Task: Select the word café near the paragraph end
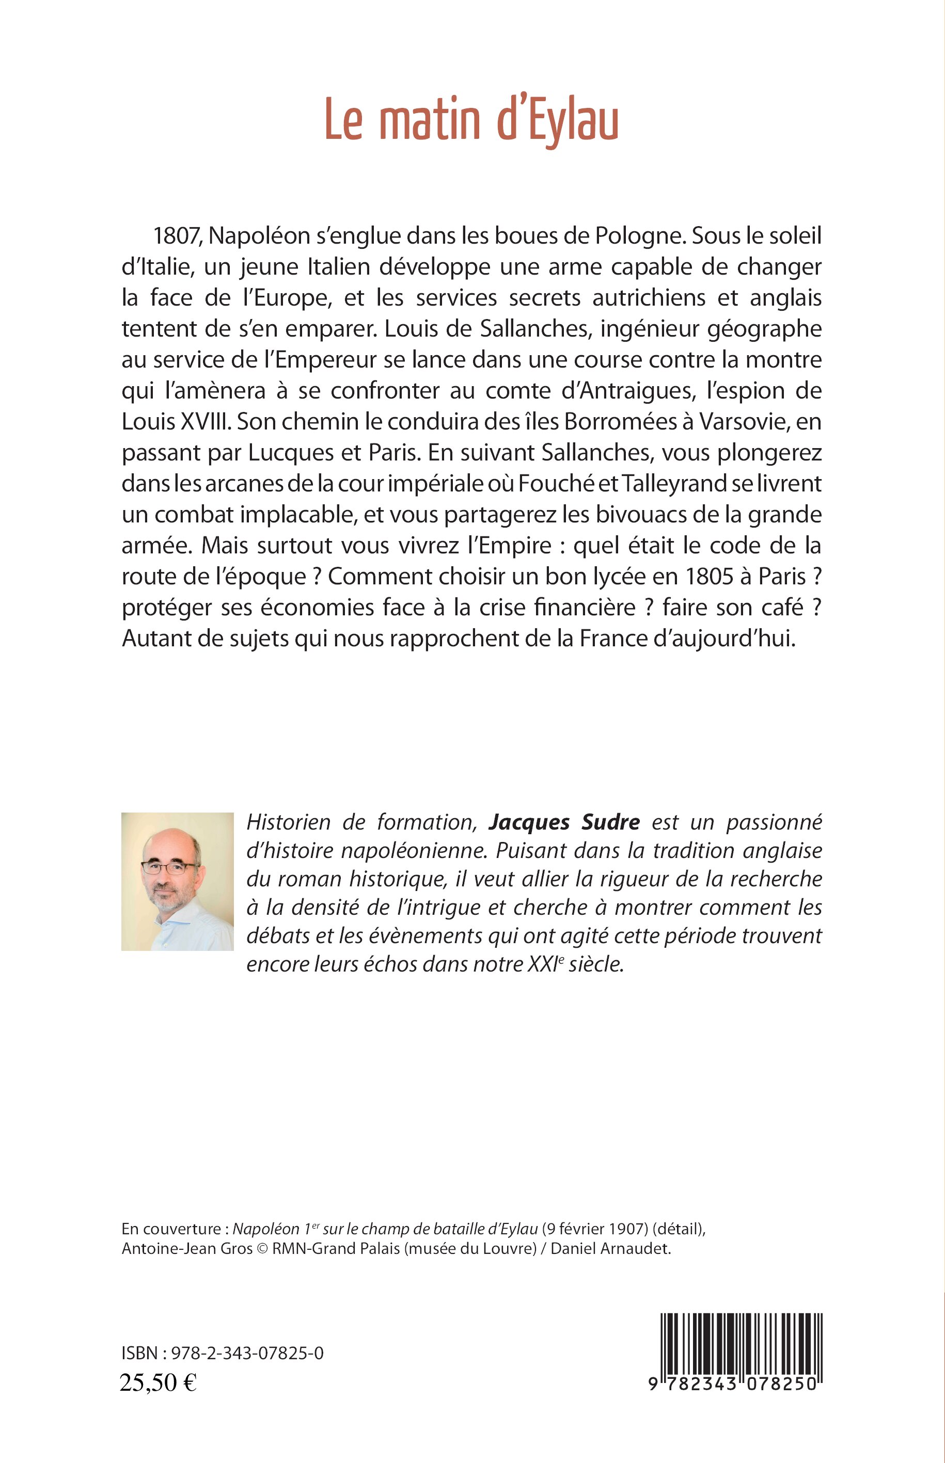coord(776,607)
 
